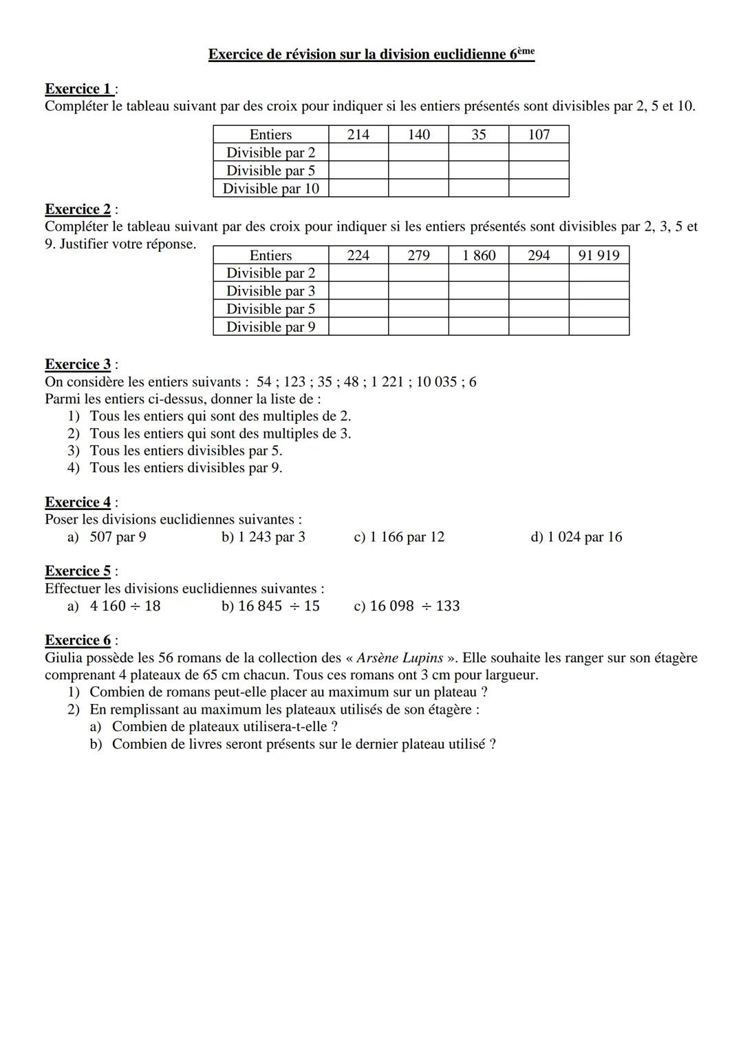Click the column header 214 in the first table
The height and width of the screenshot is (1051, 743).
click(x=358, y=135)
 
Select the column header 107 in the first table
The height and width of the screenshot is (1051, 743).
click(x=539, y=135)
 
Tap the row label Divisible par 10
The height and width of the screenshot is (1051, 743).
click(x=270, y=189)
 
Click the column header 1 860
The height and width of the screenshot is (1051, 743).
click(x=479, y=255)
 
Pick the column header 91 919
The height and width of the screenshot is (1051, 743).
click(x=599, y=255)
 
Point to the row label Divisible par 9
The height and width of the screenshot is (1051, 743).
click(x=270, y=327)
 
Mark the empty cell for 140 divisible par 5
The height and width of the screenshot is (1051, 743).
click(x=418, y=171)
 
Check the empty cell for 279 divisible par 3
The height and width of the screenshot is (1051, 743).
click(x=418, y=291)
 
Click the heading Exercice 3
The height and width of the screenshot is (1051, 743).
click(x=78, y=364)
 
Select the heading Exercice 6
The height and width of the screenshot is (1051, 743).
click(x=78, y=640)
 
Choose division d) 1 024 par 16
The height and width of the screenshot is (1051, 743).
click(x=576, y=537)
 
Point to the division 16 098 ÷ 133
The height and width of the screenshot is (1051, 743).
click(x=407, y=606)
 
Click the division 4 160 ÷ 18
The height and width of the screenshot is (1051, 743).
click(x=125, y=606)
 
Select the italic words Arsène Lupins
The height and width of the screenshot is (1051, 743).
click(x=400, y=658)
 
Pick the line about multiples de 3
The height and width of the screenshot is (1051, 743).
click(x=220, y=434)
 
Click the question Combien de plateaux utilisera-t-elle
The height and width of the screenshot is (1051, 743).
click(x=224, y=727)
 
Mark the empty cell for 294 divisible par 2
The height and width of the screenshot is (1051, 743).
click(x=539, y=273)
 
